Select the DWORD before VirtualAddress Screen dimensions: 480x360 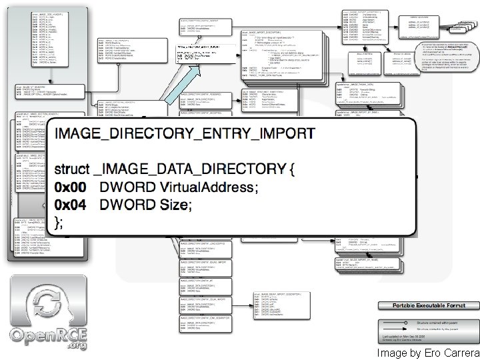coord(127,187)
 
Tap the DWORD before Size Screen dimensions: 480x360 coord(127,205)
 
